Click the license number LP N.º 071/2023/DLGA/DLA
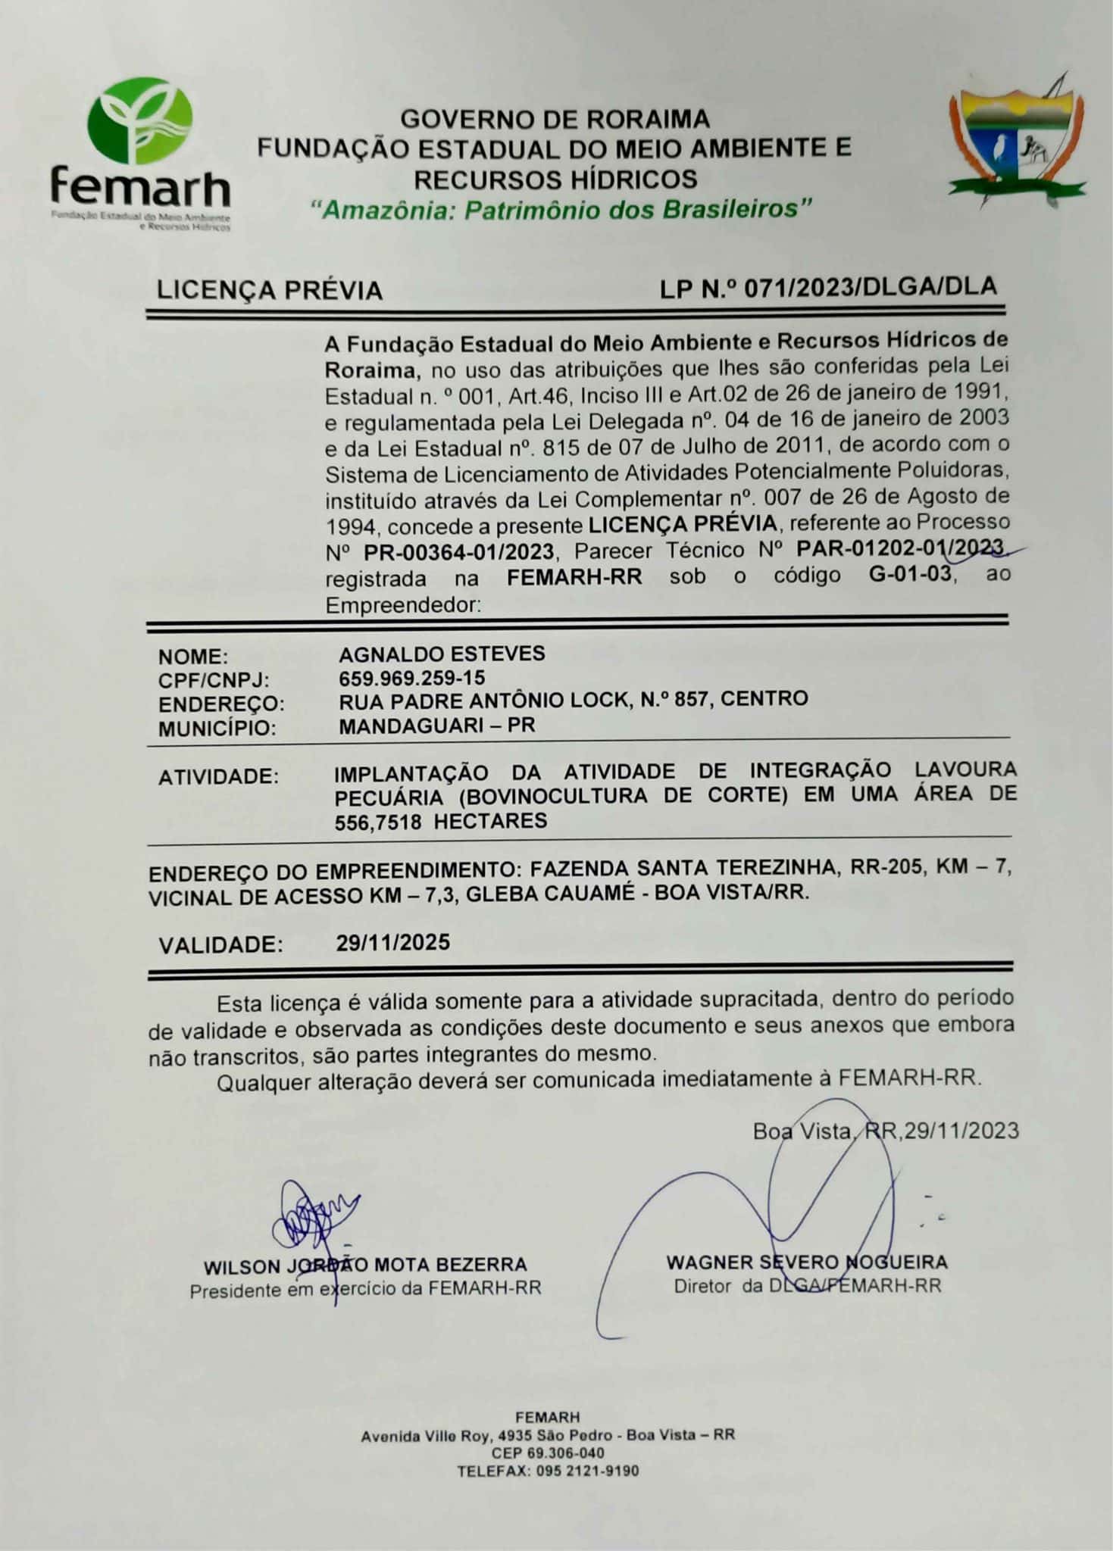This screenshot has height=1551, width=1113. (x=827, y=288)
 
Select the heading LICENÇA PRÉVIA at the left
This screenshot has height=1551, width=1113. (x=269, y=291)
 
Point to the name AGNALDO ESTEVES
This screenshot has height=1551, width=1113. (x=442, y=654)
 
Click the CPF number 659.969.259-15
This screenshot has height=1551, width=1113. (x=411, y=678)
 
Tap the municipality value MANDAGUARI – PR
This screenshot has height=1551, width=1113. (x=436, y=726)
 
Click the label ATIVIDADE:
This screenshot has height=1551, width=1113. (x=218, y=777)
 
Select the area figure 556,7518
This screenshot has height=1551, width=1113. (x=378, y=822)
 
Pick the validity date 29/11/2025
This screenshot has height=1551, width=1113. (x=392, y=943)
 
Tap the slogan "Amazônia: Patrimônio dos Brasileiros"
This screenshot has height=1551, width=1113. (x=561, y=209)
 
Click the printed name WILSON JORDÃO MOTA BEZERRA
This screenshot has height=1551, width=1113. (x=364, y=1265)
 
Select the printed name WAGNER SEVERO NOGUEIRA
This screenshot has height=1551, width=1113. (x=806, y=1262)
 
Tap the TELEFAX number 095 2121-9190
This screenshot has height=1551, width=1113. (x=587, y=1471)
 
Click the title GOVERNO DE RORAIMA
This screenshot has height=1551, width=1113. (x=555, y=119)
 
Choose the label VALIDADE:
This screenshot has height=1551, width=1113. (x=220, y=945)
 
